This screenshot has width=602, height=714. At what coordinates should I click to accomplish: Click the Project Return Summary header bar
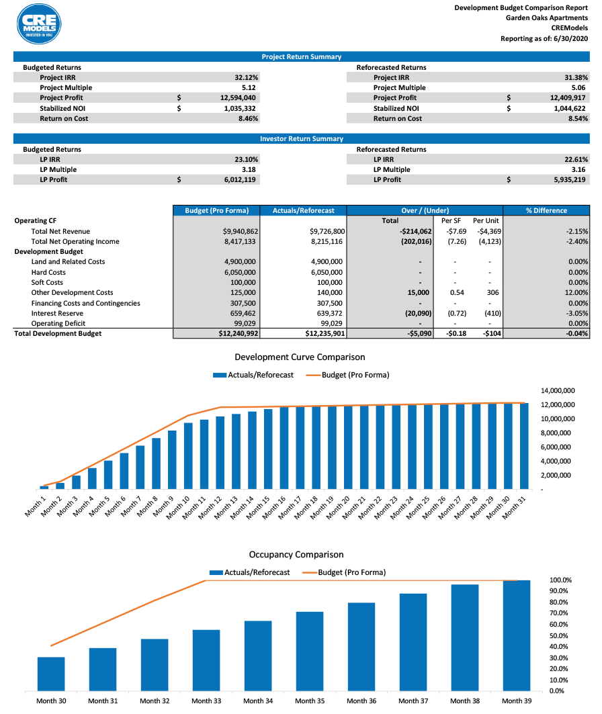click(x=301, y=57)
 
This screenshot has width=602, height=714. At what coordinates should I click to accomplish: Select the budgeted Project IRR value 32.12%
click(x=247, y=77)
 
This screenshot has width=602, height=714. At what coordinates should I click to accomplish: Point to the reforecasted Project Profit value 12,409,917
click(x=564, y=97)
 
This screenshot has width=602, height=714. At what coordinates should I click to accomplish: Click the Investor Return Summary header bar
click(x=301, y=139)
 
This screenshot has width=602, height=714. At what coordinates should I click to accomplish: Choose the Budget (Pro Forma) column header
click(x=216, y=210)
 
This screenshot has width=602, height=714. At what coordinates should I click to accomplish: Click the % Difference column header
click(x=546, y=210)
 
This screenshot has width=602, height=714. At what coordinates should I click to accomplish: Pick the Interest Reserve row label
click(x=57, y=313)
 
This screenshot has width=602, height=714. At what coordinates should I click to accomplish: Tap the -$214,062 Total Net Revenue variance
click(x=410, y=231)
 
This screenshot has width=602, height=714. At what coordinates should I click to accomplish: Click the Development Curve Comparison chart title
click(x=300, y=357)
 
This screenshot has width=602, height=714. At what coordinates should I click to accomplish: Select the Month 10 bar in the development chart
click(x=188, y=455)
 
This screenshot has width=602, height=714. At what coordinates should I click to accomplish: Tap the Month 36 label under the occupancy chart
click(x=361, y=701)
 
